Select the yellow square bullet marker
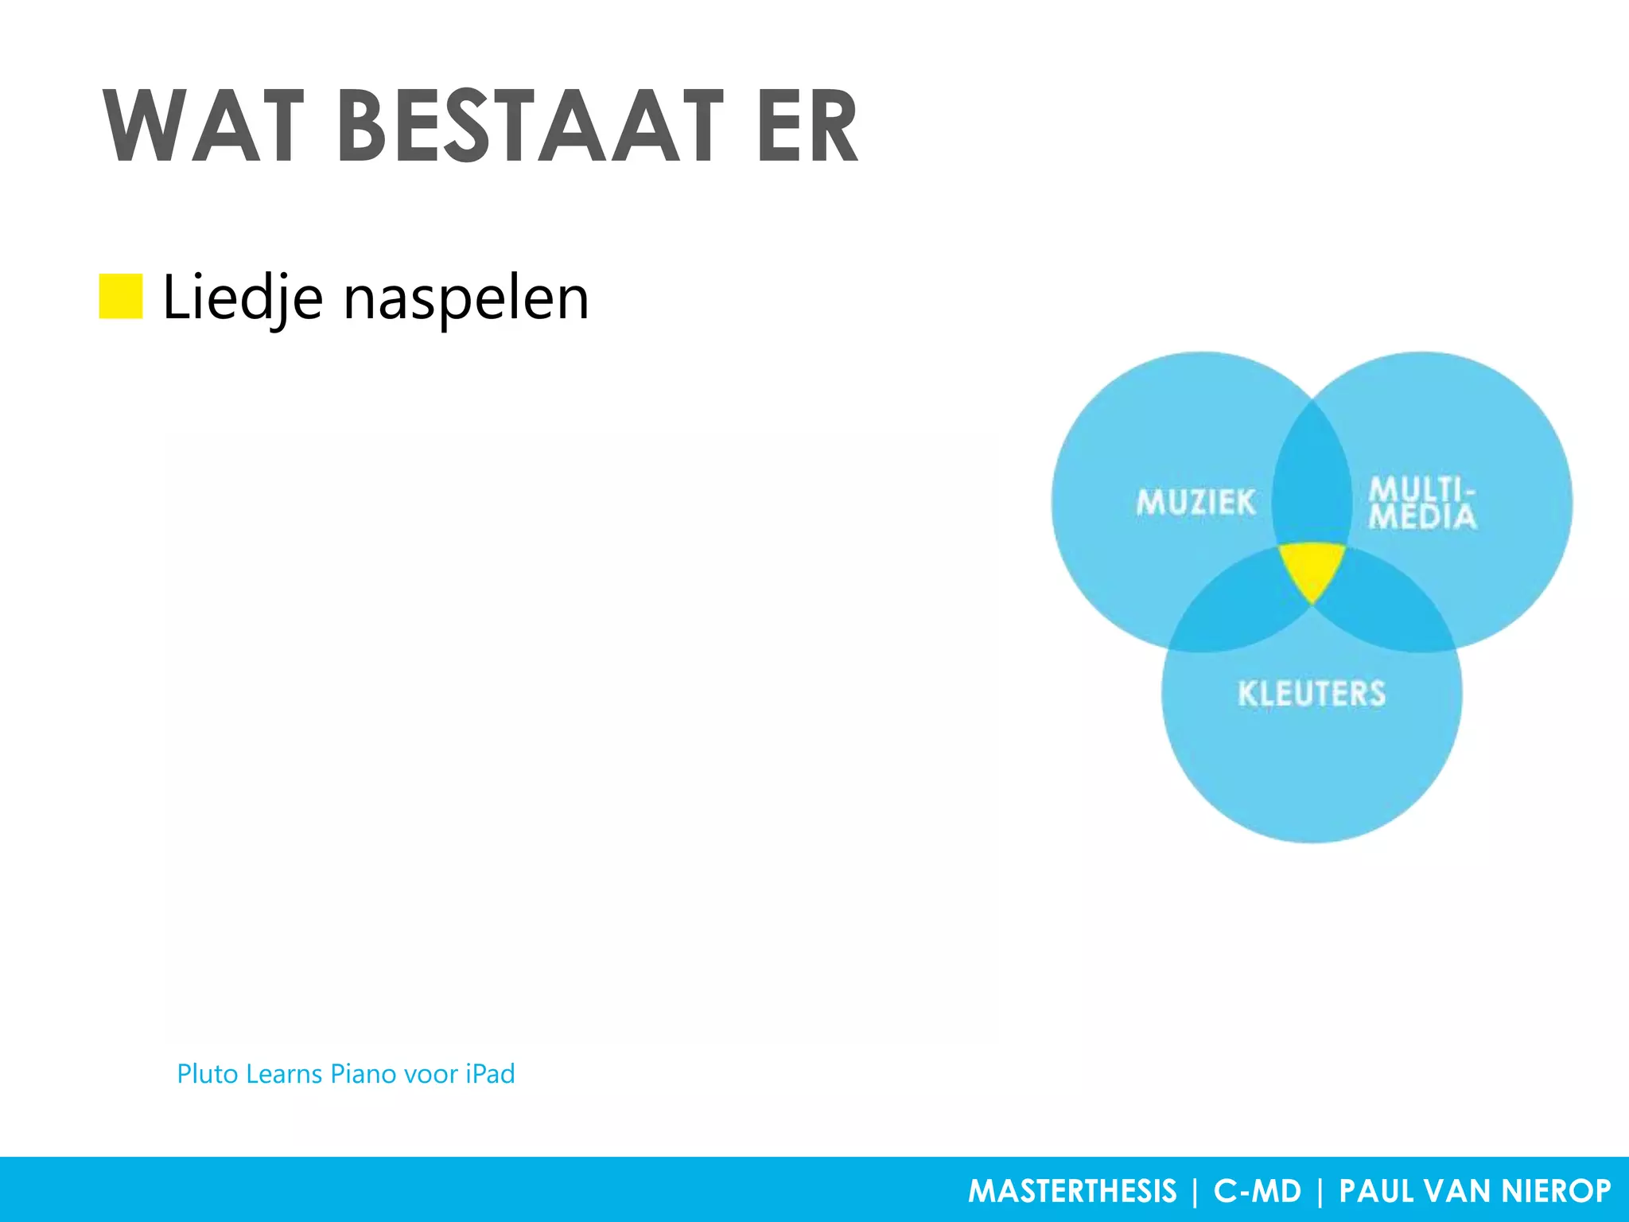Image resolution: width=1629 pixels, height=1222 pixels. point(121,296)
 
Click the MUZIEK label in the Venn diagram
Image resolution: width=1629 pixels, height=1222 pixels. point(1196,503)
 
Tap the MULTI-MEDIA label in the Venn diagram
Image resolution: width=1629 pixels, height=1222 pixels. point(1422,503)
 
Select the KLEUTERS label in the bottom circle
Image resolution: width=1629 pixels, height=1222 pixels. point(1312,694)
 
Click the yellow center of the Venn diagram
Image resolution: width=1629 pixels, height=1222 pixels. point(1312,566)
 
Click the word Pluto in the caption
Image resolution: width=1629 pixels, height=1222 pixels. point(208,1074)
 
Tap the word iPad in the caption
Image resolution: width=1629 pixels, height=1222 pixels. point(490,1074)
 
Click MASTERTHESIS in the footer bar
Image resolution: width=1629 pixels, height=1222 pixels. point(1071,1191)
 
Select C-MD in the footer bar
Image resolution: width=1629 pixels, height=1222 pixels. point(1258,1191)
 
